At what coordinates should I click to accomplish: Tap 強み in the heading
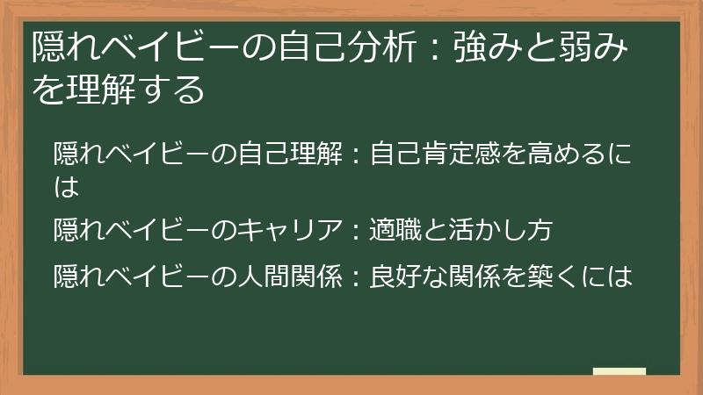point(482,47)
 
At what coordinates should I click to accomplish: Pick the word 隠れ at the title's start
point(60,47)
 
